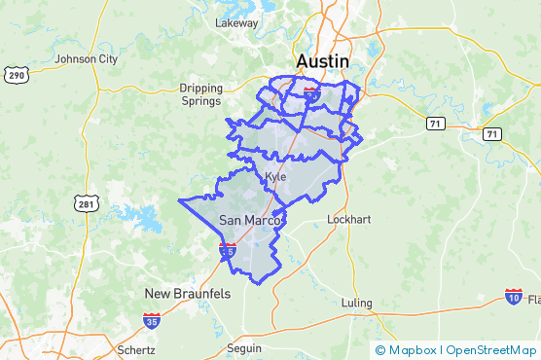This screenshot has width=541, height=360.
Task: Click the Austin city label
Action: pos(321,61)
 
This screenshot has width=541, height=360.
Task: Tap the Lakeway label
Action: pos(236,22)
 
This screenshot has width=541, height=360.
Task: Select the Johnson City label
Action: pos(87,58)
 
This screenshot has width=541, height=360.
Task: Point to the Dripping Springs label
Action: pos(201,93)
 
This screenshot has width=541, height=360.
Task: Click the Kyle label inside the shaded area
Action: pos(275,176)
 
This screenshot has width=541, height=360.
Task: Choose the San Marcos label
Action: pos(250,221)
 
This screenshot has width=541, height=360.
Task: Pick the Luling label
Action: pos(357,304)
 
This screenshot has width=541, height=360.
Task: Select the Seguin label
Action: pos(244,348)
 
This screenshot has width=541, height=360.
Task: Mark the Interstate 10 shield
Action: pos(514,295)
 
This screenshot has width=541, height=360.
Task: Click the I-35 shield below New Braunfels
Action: pos(151,320)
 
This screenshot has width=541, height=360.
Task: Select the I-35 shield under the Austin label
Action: pos(311,91)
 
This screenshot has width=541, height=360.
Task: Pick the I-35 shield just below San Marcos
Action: pos(227,251)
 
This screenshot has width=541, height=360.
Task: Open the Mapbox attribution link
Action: pos(407,350)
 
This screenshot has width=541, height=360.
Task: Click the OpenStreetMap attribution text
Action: pos(492,350)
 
